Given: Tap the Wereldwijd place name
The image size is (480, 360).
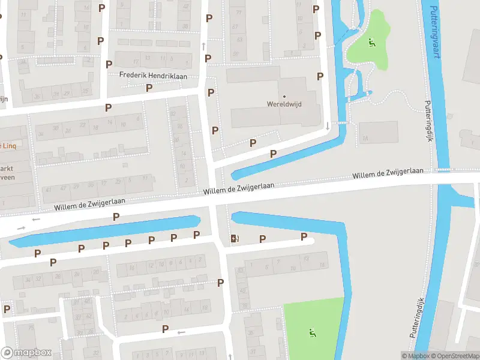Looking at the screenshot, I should tap(284, 104).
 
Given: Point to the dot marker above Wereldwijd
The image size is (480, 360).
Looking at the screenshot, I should tap(284, 96).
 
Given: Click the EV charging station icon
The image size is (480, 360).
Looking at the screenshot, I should tap(235, 239).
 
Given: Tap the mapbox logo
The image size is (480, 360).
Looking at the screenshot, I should tap(26, 353).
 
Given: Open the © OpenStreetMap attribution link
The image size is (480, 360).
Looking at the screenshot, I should tap(454, 356).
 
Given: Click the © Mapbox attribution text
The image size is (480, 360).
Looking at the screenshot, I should tap(415, 356).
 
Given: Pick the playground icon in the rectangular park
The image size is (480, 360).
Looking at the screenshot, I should tap(311, 333).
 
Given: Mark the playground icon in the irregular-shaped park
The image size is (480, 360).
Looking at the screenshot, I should tap(371, 43).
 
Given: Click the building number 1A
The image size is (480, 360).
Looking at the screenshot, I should tap(364, 139).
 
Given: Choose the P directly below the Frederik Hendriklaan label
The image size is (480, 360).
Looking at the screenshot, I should tap(149, 88).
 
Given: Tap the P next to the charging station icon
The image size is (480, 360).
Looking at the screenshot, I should tap(262, 239).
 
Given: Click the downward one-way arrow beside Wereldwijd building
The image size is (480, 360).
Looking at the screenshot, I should tap(327, 126).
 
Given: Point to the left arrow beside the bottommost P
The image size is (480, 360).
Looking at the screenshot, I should tap(181, 332).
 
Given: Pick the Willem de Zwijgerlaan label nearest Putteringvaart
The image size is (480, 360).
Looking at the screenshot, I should tap(388, 174).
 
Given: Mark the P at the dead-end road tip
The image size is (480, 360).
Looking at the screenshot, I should tap(304, 237).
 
